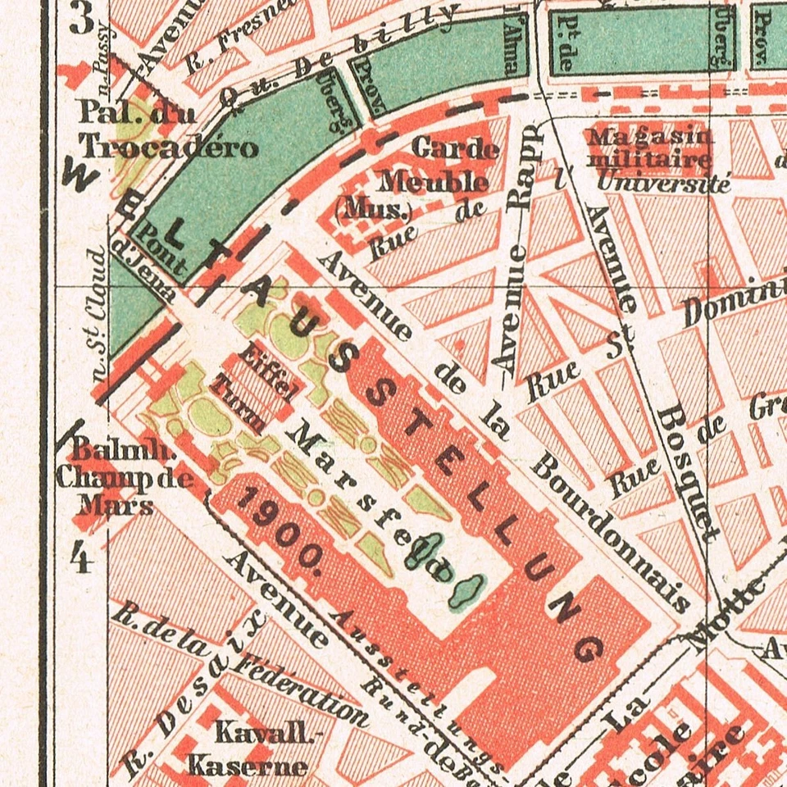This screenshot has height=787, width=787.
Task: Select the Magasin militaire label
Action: (x=648, y=146)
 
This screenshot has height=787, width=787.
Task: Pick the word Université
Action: (x=663, y=183)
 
